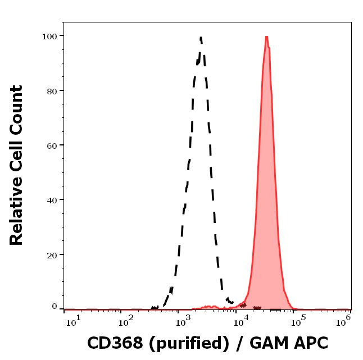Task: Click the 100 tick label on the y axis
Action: click(49, 36)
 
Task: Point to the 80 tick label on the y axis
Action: click(52, 90)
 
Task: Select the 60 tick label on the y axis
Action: click(52, 145)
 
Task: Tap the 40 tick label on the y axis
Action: click(52, 199)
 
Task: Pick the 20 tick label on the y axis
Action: click(52, 254)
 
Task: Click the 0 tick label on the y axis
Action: click(55, 307)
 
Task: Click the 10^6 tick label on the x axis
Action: click(344, 320)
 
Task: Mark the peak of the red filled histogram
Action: click(266, 37)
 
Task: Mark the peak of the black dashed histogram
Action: click(200, 38)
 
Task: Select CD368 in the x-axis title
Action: click(112, 343)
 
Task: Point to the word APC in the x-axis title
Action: click(308, 343)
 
